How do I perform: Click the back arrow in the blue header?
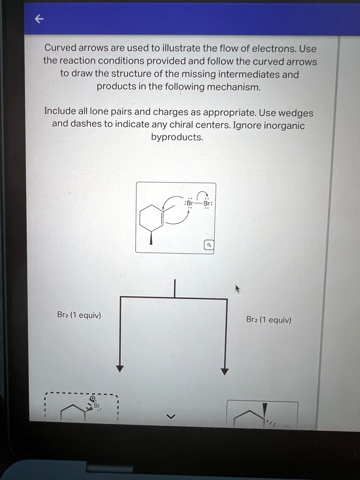coord(39,19)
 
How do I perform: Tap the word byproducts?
coord(177,138)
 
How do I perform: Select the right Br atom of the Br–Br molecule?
coord(207,204)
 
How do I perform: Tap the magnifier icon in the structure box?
coord(209,245)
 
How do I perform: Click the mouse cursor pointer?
coord(238,288)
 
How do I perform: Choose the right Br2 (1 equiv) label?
coord(269,320)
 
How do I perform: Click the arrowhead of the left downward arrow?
coord(120,368)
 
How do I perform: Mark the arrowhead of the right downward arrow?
coord(225,371)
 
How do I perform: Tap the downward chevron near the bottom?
coord(171,416)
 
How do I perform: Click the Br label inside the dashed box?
coord(96,406)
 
